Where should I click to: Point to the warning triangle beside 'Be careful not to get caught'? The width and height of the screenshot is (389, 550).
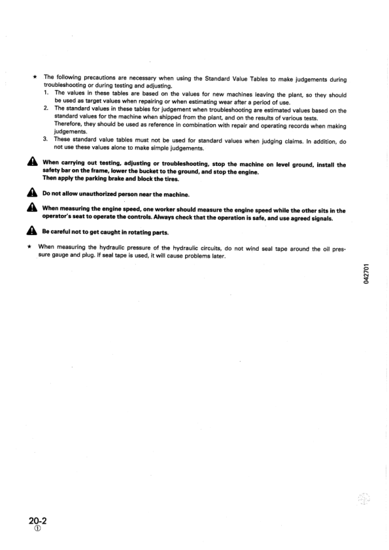pos(30,232)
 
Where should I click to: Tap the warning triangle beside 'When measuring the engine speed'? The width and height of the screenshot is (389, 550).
pos(30,209)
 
